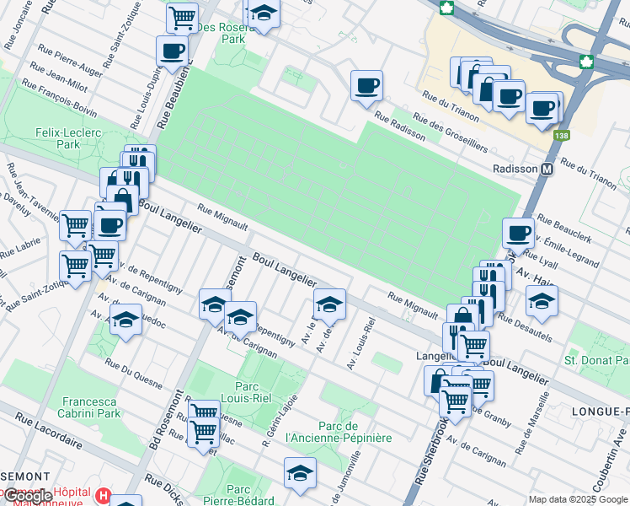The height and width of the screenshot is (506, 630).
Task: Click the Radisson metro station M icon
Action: coord(547,169)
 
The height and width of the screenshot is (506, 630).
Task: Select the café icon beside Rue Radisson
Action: coord(366,86)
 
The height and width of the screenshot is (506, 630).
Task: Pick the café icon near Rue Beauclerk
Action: coord(518,233)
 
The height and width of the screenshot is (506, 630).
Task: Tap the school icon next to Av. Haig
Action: coord(542,301)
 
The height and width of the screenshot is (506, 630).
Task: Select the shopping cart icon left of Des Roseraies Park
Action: coord(182,17)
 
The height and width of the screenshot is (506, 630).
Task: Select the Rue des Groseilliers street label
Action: coord(455,133)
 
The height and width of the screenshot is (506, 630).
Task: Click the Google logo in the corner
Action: coord(27,496)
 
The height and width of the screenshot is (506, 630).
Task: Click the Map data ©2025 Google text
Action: coord(578,499)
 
